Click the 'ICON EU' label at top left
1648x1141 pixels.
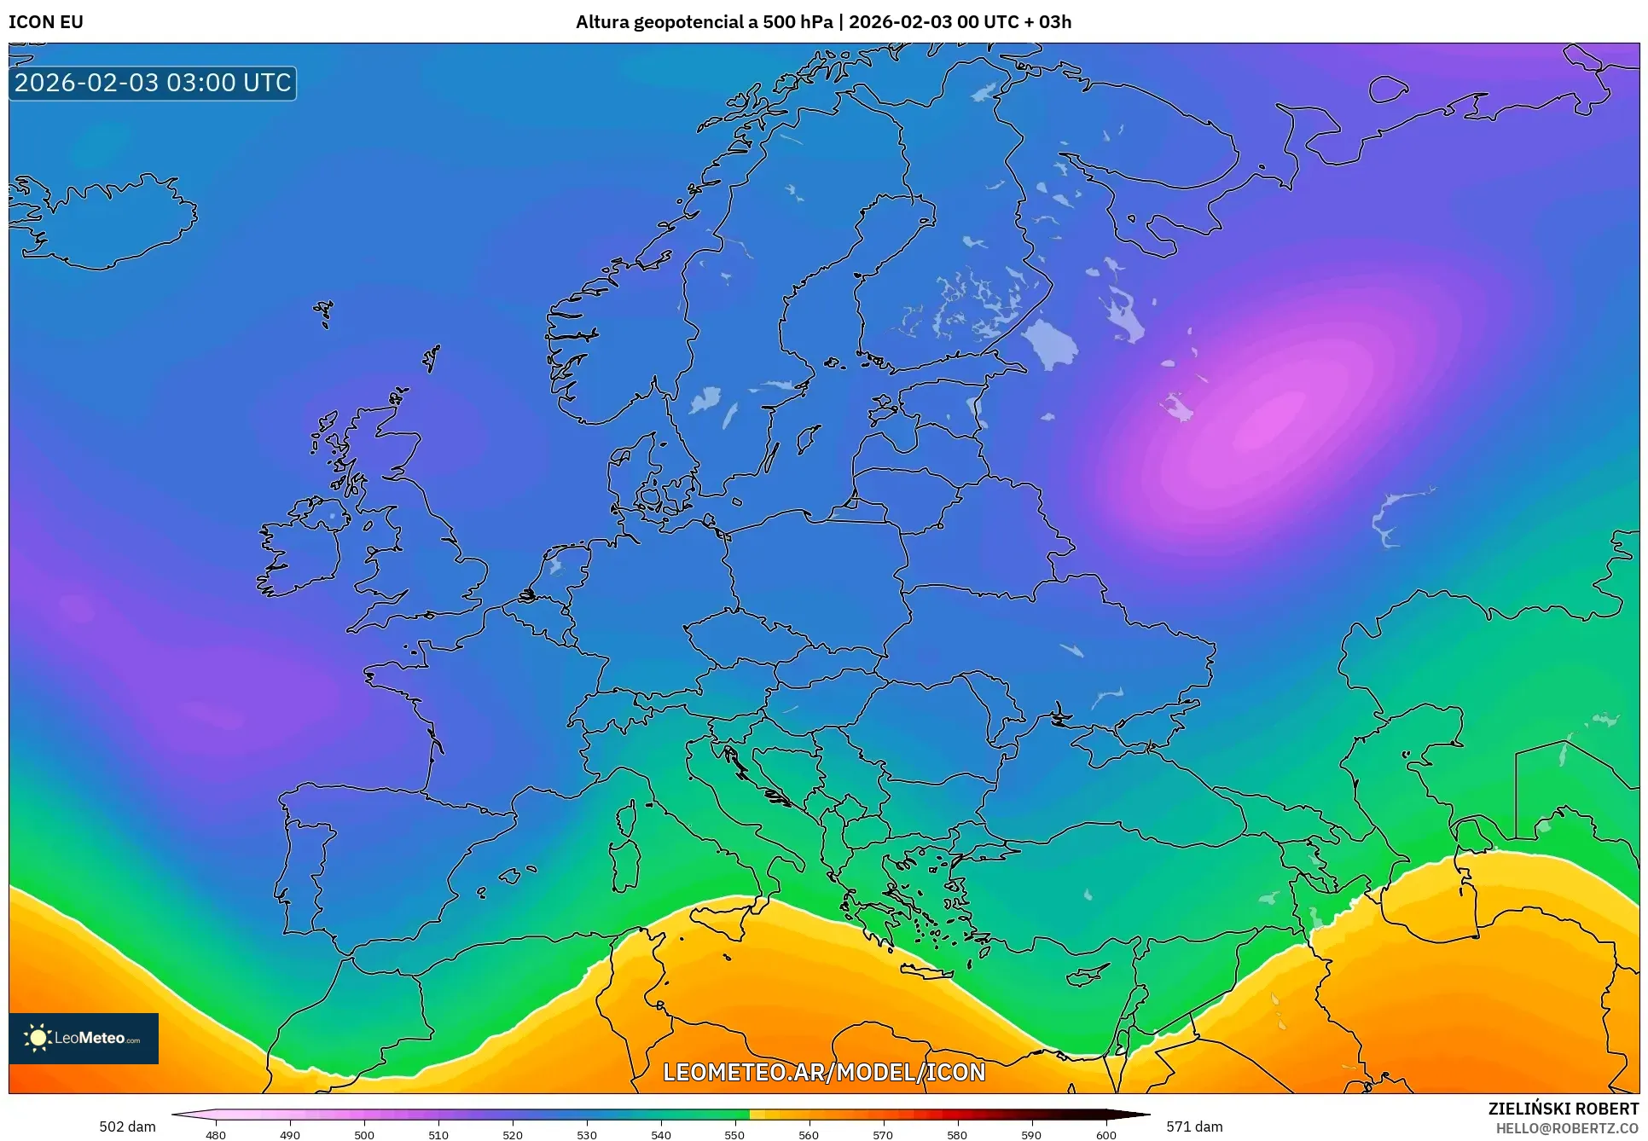tap(46, 22)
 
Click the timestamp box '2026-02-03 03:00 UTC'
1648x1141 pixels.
tap(153, 83)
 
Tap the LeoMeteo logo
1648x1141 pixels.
tap(84, 1038)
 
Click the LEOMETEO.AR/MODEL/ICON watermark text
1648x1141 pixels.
tap(824, 1072)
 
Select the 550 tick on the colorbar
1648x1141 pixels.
tap(734, 1134)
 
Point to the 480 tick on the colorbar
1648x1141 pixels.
tap(216, 1134)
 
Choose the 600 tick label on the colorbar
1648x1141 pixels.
tap(1105, 1134)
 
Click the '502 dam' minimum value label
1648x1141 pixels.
tap(127, 1127)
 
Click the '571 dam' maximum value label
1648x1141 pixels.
tap(1194, 1127)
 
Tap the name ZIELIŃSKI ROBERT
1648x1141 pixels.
tap(1563, 1109)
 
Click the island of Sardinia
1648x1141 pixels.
tap(625, 863)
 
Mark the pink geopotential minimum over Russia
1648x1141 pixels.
tap(1271, 422)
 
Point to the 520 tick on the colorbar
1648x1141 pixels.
tap(513, 1134)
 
